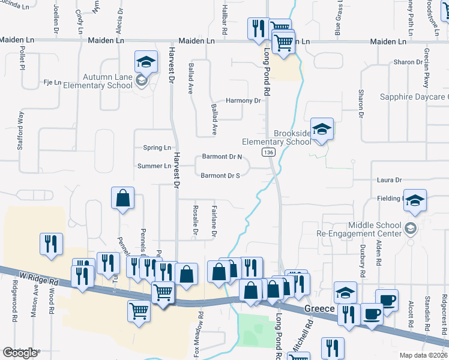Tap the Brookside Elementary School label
(x=276, y=137)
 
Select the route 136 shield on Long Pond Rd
(x=268, y=154)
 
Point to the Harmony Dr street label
(x=243, y=101)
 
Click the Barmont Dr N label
(x=221, y=157)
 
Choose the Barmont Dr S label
(x=220, y=176)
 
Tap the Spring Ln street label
(x=157, y=148)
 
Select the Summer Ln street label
(x=154, y=166)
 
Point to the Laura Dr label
(x=389, y=180)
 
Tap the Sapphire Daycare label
(x=414, y=97)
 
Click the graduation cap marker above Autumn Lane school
(x=145, y=61)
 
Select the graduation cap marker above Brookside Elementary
(x=322, y=129)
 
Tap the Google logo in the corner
(x=20, y=353)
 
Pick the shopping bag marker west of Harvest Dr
(x=122, y=199)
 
